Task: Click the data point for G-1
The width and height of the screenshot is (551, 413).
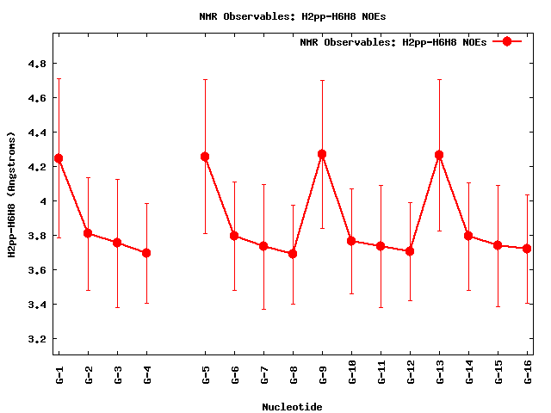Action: [x=59, y=158]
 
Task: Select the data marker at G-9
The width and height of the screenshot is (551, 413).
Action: [x=322, y=154]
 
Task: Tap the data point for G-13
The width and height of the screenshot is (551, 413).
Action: [x=439, y=155]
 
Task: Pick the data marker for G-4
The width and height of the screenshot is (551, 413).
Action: [x=146, y=253]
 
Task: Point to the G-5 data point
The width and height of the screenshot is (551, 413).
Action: [x=205, y=157]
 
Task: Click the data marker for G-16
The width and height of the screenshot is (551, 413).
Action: [x=527, y=249]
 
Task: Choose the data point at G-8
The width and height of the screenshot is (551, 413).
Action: [x=293, y=254]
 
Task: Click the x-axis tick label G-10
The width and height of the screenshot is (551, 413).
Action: [x=352, y=372]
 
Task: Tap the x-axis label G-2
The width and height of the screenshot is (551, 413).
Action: [x=89, y=375]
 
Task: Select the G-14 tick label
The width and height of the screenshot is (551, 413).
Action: [x=469, y=372]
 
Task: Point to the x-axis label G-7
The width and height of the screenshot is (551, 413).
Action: [x=264, y=375]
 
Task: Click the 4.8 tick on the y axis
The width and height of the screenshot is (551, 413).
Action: [x=37, y=64]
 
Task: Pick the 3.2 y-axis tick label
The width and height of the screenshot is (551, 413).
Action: [x=37, y=339]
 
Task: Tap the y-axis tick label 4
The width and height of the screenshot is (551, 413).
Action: [x=43, y=201]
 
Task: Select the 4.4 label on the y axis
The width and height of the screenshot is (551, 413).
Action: [x=37, y=133]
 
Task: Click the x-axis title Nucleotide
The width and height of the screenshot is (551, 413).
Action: [x=292, y=407]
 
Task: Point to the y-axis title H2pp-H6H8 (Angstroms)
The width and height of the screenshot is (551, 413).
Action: [x=11, y=194]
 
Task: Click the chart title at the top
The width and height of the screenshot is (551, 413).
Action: [x=293, y=16]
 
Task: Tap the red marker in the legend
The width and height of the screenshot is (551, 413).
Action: [x=507, y=41]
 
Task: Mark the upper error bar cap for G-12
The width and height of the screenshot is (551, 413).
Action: [x=410, y=203]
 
